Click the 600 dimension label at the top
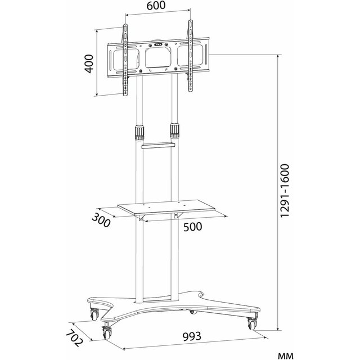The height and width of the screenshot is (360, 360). pos(156,6)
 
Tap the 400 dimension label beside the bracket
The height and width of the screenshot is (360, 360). pos(89,64)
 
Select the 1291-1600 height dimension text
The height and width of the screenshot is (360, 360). pos(285,191)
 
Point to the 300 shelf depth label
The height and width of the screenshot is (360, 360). pos(101,220)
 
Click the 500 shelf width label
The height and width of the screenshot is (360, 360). pos(192,227)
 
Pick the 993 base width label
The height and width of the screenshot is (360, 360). pos(192,336)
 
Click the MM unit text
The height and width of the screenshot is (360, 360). pos(286,356)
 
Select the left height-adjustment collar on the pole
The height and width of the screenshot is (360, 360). pos(139,133)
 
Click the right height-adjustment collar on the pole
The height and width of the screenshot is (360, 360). pos(174,131)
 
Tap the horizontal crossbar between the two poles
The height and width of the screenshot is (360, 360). pos(158,146)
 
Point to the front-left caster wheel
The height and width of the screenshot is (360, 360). pos(107,331)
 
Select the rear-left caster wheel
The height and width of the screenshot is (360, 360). pos(94,314)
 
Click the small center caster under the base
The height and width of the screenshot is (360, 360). pos(192,312)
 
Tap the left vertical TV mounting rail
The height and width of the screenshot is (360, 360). pos(125,60)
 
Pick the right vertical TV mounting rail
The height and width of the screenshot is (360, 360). pos(190,56)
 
